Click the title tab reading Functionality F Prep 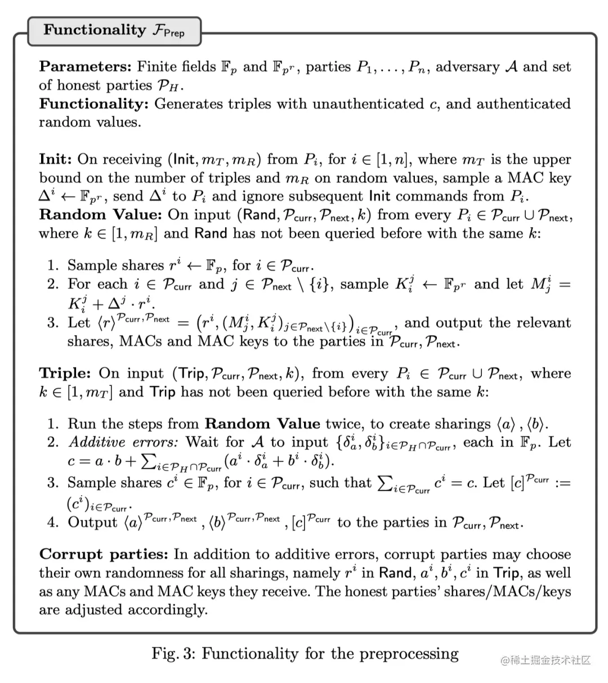pos(114,30)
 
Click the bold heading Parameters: pos(86,67)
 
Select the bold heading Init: pos(55,159)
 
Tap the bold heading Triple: pos(65,374)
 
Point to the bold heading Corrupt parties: pos(104,554)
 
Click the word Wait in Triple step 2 pos(201,442)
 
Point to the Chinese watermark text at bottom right pos(546,660)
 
